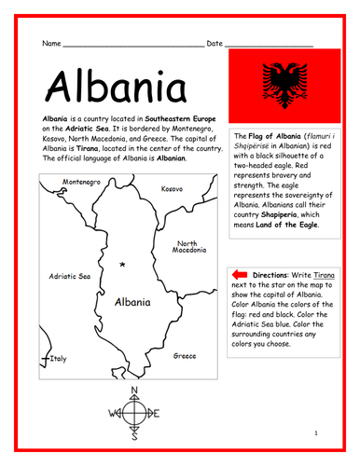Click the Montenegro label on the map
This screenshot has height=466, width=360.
tap(81, 181)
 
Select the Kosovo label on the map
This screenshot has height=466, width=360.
tap(172, 188)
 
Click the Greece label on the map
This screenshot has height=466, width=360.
tap(184, 355)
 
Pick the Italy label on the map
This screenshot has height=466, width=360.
tap(58, 358)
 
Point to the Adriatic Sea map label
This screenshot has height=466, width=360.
tap(70, 277)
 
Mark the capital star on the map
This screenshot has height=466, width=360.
tap(122, 266)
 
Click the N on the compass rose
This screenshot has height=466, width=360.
tap(132, 390)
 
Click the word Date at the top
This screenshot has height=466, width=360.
tap(215, 43)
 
